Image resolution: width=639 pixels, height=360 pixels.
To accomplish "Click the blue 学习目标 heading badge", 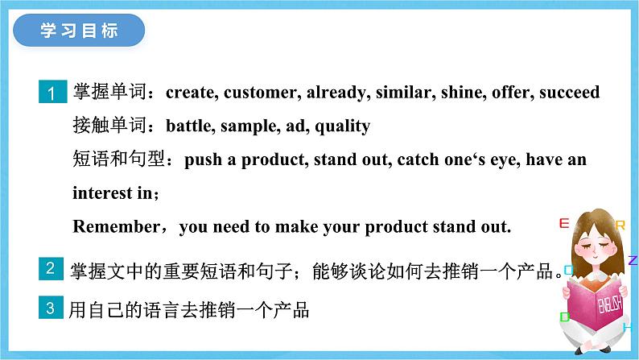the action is [79, 30].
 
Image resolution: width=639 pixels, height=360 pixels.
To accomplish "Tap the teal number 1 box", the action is [52, 92].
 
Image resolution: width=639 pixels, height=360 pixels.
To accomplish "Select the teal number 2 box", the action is [51, 269].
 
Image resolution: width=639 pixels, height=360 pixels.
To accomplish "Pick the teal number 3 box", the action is [51, 308].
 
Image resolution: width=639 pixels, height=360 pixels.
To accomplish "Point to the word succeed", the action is [569, 92].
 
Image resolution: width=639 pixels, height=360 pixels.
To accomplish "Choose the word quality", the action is [342, 126].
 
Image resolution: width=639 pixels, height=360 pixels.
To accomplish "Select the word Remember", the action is [117, 226].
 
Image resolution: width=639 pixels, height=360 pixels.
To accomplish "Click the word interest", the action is [102, 192].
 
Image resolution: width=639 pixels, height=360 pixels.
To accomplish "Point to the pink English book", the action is [596, 306].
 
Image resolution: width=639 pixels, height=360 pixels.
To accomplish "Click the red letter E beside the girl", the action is [564, 223].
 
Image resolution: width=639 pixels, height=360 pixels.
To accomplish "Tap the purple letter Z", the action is [633, 260].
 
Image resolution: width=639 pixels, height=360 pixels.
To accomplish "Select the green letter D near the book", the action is [564, 317].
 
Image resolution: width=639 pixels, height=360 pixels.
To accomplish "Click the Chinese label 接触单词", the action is [109, 125].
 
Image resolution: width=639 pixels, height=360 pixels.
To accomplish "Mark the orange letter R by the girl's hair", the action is [620, 225].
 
